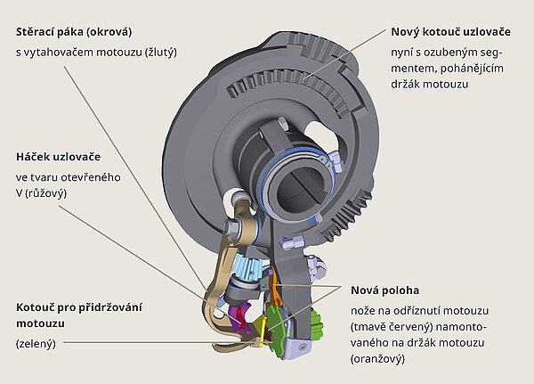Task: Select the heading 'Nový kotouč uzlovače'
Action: click(450, 32)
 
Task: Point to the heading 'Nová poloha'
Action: click(384, 290)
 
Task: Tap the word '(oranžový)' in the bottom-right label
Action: click(377, 360)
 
